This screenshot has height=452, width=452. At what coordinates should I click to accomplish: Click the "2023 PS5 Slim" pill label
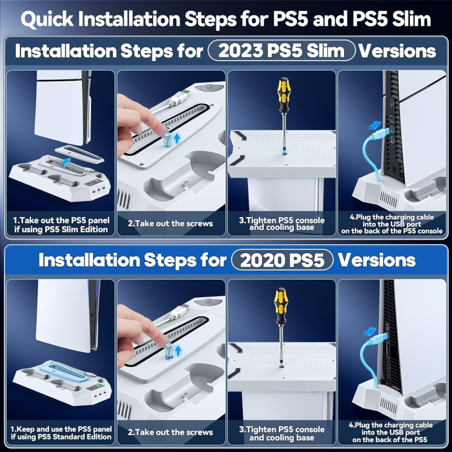[282, 51]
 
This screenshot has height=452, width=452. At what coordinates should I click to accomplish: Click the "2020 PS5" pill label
[282, 260]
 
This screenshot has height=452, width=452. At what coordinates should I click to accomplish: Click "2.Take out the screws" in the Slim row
[171, 223]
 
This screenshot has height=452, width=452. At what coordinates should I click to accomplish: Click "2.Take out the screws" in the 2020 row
[171, 432]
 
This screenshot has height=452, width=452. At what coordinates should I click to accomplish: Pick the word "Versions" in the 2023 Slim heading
[398, 51]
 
